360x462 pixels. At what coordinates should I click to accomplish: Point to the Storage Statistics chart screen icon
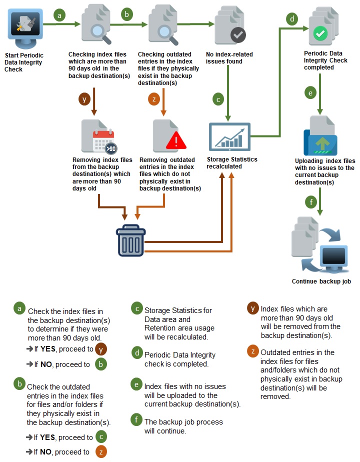pyautogui.click(x=229, y=136)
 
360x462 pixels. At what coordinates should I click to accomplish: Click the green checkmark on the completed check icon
pyautogui.click(x=320, y=34)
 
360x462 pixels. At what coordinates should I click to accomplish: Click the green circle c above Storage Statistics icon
pyautogui.click(x=218, y=99)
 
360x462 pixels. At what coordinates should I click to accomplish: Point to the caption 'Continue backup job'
pyautogui.click(x=321, y=281)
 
